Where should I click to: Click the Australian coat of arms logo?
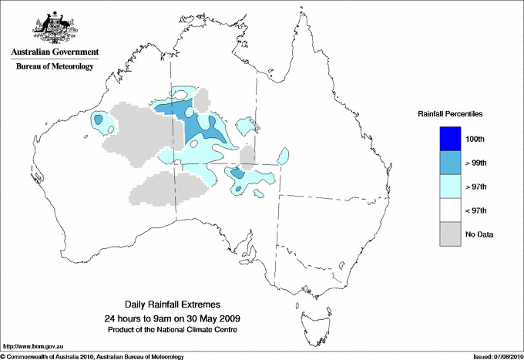pyautogui.click(x=53, y=28)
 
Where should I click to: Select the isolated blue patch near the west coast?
pyautogui.click(x=99, y=120)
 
